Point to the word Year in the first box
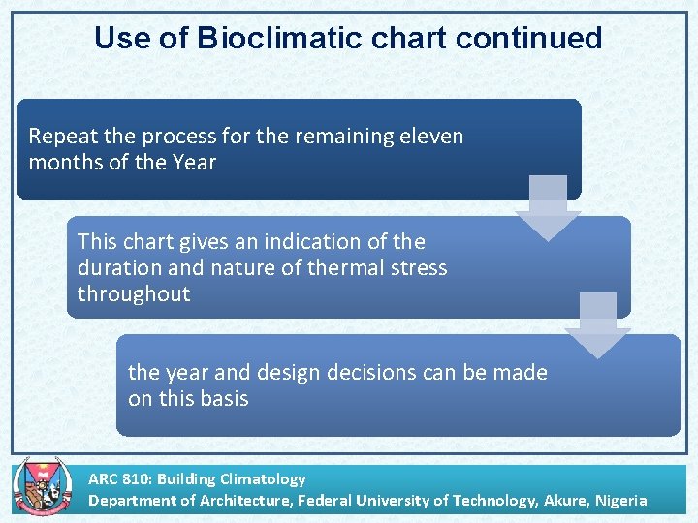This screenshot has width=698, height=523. pyautogui.click(x=195, y=163)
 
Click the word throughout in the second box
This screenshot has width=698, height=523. pyautogui.click(x=134, y=294)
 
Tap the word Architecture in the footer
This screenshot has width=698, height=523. pyautogui.click(x=241, y=501)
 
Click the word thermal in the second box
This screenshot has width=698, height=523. pyautogui.click(x=343, y=267)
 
